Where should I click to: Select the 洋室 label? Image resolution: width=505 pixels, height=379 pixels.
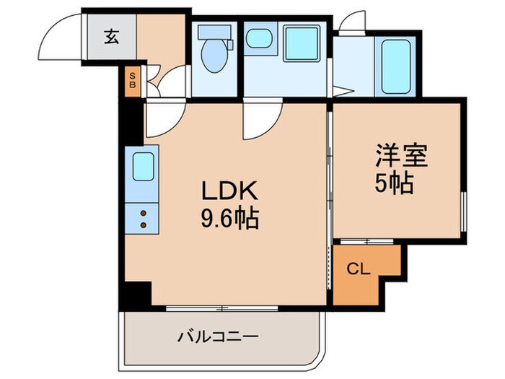(401, 157)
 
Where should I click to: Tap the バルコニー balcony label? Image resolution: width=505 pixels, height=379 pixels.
(218, 336)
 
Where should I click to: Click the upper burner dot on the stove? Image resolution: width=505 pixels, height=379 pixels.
(142, 213)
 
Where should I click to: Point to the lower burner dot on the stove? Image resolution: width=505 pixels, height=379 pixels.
(142, 225)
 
